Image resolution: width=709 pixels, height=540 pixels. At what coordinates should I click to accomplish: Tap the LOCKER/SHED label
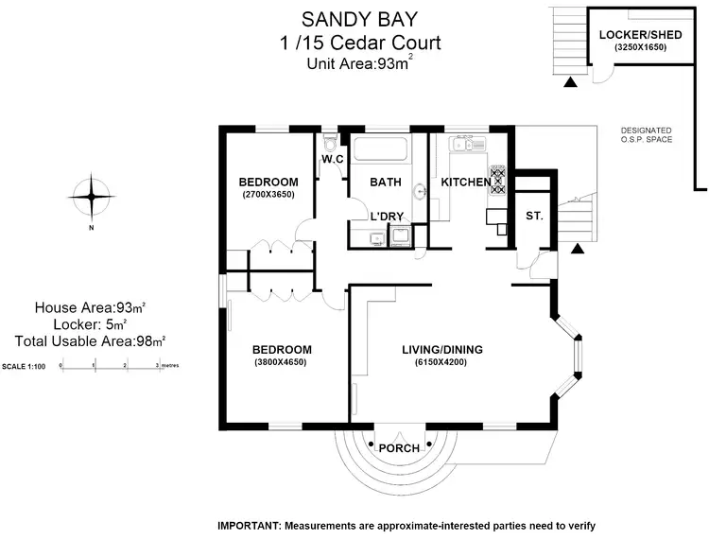click(634, 35)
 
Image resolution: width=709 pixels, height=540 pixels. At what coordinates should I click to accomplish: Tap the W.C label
click(332, 159)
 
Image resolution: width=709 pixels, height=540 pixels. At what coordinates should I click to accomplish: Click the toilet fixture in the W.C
click(329, 141)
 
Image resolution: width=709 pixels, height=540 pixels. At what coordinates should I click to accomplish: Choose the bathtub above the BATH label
click(381, 149)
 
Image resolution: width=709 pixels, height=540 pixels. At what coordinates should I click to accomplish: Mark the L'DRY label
click(387, 217)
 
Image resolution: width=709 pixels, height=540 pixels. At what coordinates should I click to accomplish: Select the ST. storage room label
click(534, 217)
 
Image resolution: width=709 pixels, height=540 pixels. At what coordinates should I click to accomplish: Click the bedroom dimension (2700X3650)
click(268, 195)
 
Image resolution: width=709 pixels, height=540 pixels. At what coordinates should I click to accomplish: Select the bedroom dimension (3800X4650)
click(280, 362)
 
